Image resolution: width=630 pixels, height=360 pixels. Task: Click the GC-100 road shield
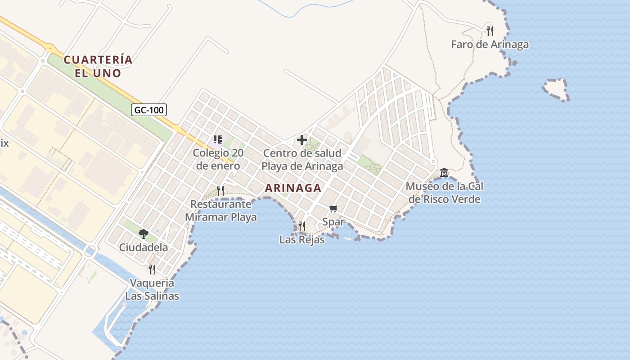tap(149, 109)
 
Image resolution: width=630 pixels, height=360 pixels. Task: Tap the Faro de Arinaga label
tap(490, 45)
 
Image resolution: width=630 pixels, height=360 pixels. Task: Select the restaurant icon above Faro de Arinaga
tap(490, 31)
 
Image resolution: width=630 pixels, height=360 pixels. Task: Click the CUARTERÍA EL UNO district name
tap(98, 66)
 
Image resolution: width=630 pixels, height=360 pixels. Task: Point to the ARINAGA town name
tap(293, 188)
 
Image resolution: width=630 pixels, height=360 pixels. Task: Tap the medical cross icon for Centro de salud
tap(302, 140)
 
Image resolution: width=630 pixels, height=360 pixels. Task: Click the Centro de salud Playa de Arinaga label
tap(302, 159)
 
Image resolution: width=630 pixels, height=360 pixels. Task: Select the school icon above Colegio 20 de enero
tap(218, 139)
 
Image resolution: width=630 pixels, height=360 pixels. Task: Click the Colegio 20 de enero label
tap(218, 159)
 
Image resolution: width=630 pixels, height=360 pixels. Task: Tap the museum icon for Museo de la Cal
tap(444, 172)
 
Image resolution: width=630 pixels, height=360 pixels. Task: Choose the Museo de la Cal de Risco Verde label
tap(444, 192)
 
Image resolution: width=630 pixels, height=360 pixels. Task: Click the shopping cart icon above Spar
tap(333, 208)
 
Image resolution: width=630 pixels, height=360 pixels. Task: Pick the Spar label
tap(333, 221)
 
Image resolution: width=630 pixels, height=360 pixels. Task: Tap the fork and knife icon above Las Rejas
tap(302, 226)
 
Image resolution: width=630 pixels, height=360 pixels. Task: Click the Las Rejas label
tap(302, 239)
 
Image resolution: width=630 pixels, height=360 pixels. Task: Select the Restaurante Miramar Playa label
tap(220, 211)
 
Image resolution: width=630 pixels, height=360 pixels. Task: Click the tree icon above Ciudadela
tap(144, 234)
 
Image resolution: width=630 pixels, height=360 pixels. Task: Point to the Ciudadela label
tap(144, 247)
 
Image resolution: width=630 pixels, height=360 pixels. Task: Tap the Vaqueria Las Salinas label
tap(152, 289)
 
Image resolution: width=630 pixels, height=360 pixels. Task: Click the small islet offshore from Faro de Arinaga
tap(556, 90)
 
